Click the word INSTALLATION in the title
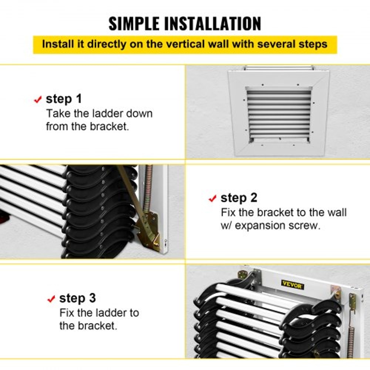pyautogui.click(x=215, y=23)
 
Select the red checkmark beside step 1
pyautogui.click(x=38, y=100)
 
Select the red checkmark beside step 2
pyautogui.click(x=212, y=199)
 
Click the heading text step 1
pyautogui.click(x=64, y=99)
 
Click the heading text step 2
pyautogui.click(x=239, y=198)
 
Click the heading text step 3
pyautogui.click(x=77, y=298)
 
